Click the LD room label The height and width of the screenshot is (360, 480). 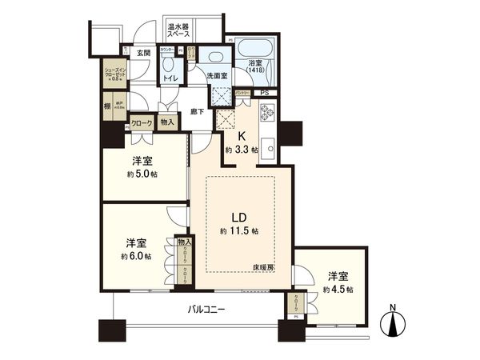pos(238,218)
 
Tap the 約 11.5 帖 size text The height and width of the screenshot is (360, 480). pos(239,231)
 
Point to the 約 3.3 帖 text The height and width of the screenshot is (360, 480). pos(241,150)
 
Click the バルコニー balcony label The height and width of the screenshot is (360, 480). pos(206,308)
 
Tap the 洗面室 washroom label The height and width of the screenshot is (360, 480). pos(217,76)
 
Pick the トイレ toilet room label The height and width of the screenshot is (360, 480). pos(171,79)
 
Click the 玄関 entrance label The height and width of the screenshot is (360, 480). pos(142,53)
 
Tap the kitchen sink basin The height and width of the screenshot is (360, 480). pos(271,148)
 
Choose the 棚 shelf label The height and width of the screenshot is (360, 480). pos(107,105)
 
